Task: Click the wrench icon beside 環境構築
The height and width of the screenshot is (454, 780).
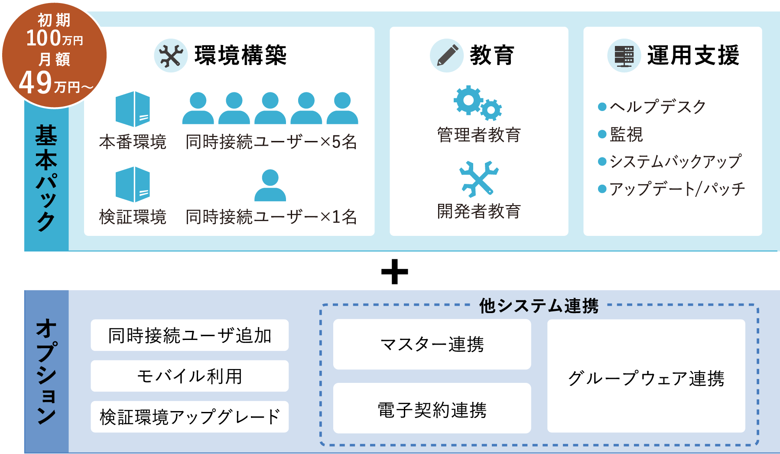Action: click(x=171, y=56)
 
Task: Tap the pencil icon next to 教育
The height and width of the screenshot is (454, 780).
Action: click(x=447, y=56)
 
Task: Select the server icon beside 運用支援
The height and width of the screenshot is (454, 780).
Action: click(x=624, y=56)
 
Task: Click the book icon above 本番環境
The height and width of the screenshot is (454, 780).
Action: click(x=133, y=109)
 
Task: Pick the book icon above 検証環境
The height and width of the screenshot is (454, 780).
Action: click(x=133, y=184)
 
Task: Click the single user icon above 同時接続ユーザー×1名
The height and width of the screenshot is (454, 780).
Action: click(x=270, y=185)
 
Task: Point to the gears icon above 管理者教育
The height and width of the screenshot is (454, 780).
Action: click(x=478, y=103)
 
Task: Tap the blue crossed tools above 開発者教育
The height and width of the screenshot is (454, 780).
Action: click(x=478, y=179)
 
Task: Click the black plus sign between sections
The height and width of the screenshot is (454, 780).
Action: click(x=394, y=272)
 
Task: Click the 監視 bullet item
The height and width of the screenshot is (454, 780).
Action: click(x=626, y=134)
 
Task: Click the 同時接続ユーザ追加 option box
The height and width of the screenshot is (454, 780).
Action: click(x=189, y=335)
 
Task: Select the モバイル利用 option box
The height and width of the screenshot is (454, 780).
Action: click(x=189, y=376)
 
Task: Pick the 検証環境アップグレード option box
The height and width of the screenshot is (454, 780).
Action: click(x=189, y=417)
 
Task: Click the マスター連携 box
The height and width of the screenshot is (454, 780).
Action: click(x=432, y=344)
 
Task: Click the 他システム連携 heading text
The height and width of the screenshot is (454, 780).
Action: click(x=539, y=306)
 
